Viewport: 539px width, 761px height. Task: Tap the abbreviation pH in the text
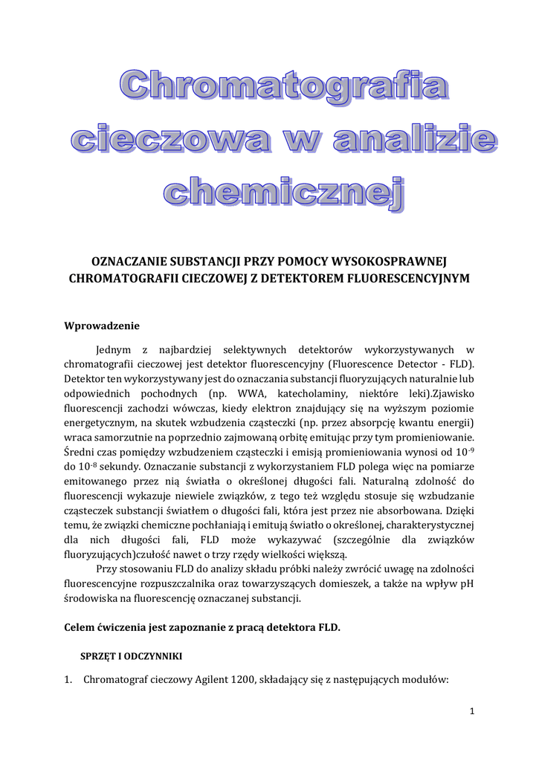[467, 583]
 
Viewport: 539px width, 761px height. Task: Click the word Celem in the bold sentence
[81, 627]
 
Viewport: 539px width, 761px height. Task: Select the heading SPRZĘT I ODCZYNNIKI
[131, 656]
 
